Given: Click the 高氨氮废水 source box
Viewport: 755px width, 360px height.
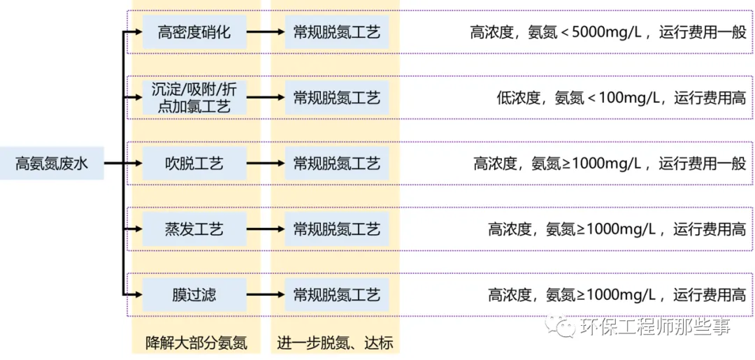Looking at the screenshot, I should pos(52,164).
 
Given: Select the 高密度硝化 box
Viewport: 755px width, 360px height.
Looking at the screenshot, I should pos(194,32).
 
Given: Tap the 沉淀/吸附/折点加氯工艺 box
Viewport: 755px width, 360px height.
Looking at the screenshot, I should pos(194,97).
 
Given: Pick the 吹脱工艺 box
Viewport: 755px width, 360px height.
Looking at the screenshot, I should pos(194,164).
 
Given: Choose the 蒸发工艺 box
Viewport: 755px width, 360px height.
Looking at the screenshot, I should pos(194,229).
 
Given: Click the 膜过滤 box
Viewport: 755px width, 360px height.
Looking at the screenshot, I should pos(194,294).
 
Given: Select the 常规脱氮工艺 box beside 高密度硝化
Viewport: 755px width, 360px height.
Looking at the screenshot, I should pos(336,32).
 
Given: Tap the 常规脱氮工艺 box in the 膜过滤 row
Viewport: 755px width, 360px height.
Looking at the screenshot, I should pos(336,294).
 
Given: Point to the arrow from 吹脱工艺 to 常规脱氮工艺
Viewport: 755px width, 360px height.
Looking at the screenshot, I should pos(266,164).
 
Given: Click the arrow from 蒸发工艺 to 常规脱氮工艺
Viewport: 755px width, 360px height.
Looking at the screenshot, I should pos(266,229).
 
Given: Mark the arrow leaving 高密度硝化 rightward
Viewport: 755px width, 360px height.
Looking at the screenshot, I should pos(266,32).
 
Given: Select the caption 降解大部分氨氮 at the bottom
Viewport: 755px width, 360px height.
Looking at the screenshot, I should pos(196,343).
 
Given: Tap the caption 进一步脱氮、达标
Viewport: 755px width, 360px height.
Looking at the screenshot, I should pos(335,343).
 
